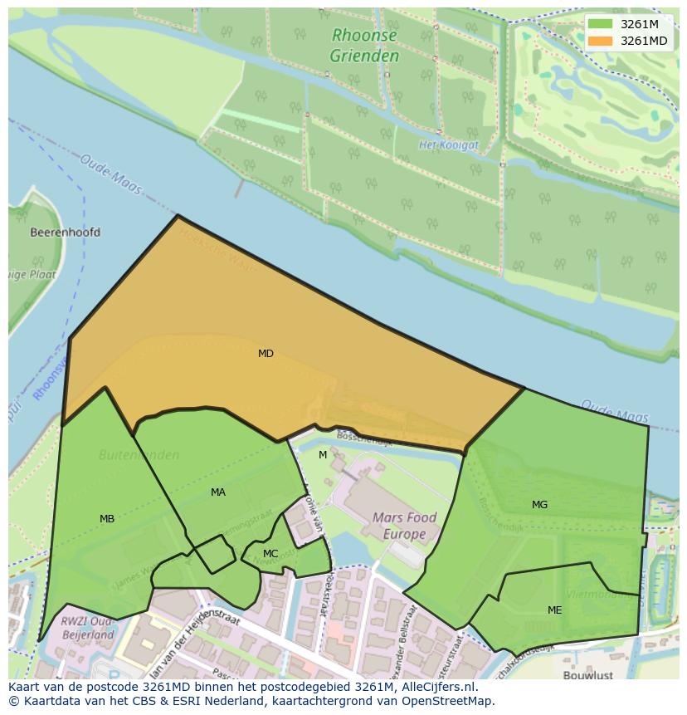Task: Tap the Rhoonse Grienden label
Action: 364,46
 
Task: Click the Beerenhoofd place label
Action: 65,233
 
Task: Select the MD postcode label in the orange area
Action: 266,354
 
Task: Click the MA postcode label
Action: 218,492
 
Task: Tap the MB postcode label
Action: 107,519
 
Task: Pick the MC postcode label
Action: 270,554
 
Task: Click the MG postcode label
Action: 539,505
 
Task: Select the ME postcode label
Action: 554,610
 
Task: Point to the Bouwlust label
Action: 587,676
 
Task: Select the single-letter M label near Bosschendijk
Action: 323,455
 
